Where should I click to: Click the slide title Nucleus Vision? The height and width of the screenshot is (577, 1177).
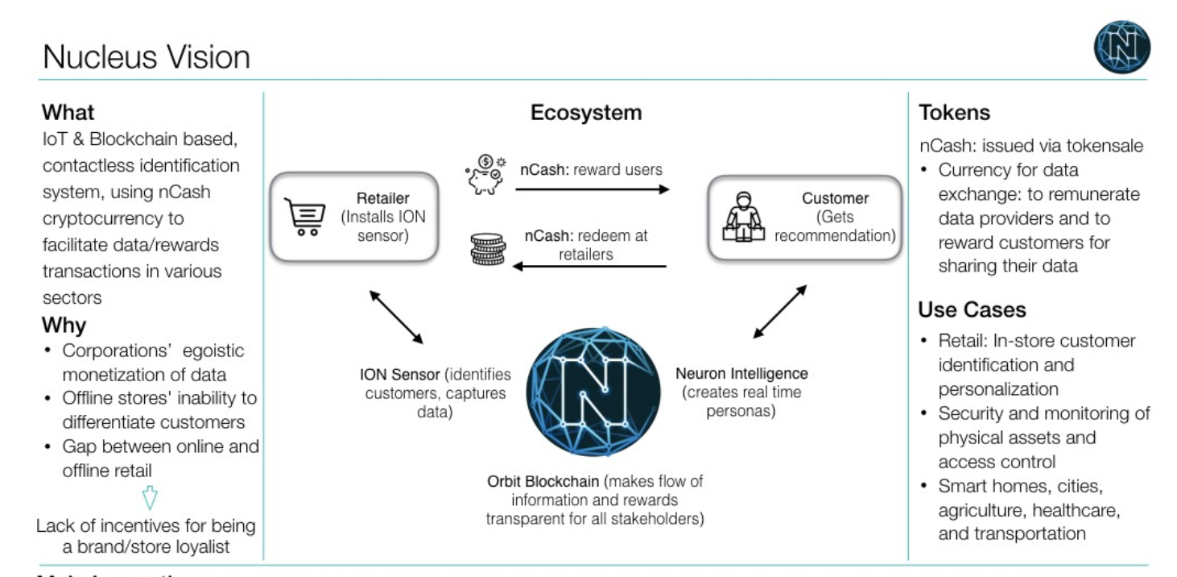146,57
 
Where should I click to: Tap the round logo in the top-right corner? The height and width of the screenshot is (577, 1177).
1121,48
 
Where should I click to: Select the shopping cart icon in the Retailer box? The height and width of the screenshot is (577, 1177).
304,217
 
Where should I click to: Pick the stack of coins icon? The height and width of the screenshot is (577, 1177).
488,250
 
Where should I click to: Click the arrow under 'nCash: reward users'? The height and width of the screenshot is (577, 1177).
592,189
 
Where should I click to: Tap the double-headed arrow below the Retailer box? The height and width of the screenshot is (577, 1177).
396,316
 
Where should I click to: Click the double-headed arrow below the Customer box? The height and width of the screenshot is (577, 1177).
778,312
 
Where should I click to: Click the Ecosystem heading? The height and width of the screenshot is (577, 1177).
586,113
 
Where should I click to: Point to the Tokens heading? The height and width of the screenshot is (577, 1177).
954,113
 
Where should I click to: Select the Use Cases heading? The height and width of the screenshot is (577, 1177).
972,309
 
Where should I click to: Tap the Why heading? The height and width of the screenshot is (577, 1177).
64,326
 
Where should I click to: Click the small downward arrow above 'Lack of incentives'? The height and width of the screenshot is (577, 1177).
150,500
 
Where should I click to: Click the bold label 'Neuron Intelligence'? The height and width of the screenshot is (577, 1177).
741,374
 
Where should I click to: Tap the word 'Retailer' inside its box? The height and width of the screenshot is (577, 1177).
382,199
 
